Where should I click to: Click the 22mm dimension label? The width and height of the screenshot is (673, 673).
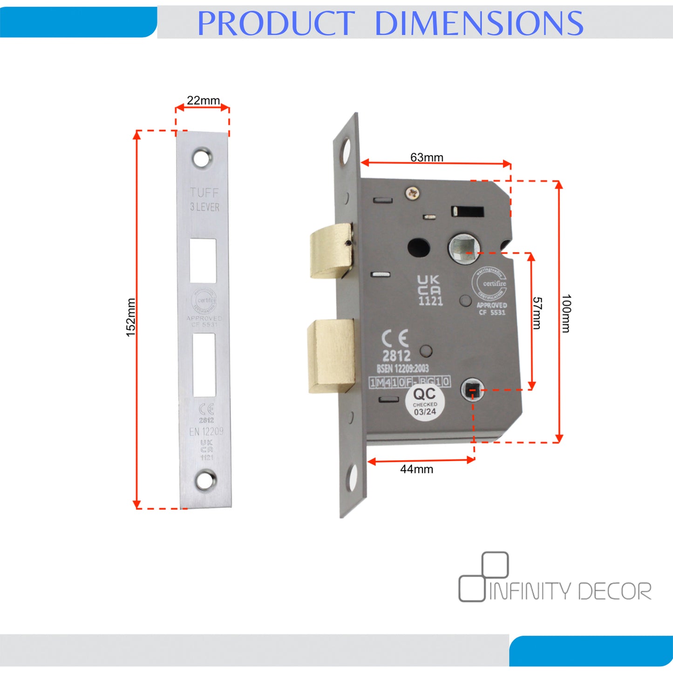pos(203,100)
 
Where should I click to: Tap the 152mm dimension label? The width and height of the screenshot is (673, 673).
pos(131,318)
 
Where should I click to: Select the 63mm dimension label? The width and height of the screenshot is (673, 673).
pos(427,157)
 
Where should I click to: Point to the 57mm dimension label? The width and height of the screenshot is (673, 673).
pos(537,313)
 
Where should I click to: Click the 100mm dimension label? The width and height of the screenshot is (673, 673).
pos(566,313)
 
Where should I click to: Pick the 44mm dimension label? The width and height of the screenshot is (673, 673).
pos(416,469)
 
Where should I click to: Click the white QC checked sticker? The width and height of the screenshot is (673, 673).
pos(425,402)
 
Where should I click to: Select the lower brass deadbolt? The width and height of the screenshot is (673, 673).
pos(331,355)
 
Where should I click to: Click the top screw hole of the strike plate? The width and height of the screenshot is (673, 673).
pos(203,158)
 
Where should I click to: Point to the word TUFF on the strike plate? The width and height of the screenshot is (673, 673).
pos(204,192)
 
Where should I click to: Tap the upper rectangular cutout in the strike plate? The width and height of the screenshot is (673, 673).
pos(203,261)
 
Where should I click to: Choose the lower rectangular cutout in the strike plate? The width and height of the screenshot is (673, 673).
pos(204,365)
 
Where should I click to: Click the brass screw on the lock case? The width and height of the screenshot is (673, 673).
pos(412,192)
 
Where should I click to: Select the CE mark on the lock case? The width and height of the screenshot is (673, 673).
pos(395,339)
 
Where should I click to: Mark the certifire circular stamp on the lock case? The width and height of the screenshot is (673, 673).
pos(489,284)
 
